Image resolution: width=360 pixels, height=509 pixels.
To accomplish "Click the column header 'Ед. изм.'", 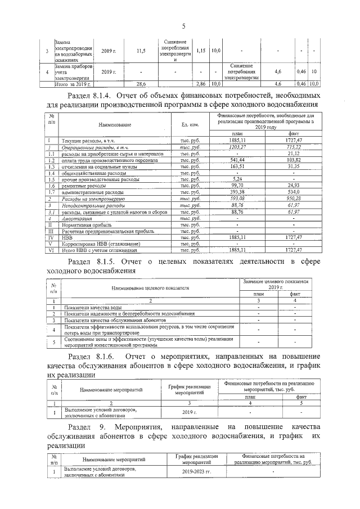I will click(x=184, y=124).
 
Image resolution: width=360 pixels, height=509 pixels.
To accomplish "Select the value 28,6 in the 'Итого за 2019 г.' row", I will click(x=142, y=83).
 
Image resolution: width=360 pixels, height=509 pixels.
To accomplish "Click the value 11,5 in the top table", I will click(x=142, y=51).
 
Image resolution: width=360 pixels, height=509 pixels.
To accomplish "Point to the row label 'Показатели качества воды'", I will click(x=93, y=307).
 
